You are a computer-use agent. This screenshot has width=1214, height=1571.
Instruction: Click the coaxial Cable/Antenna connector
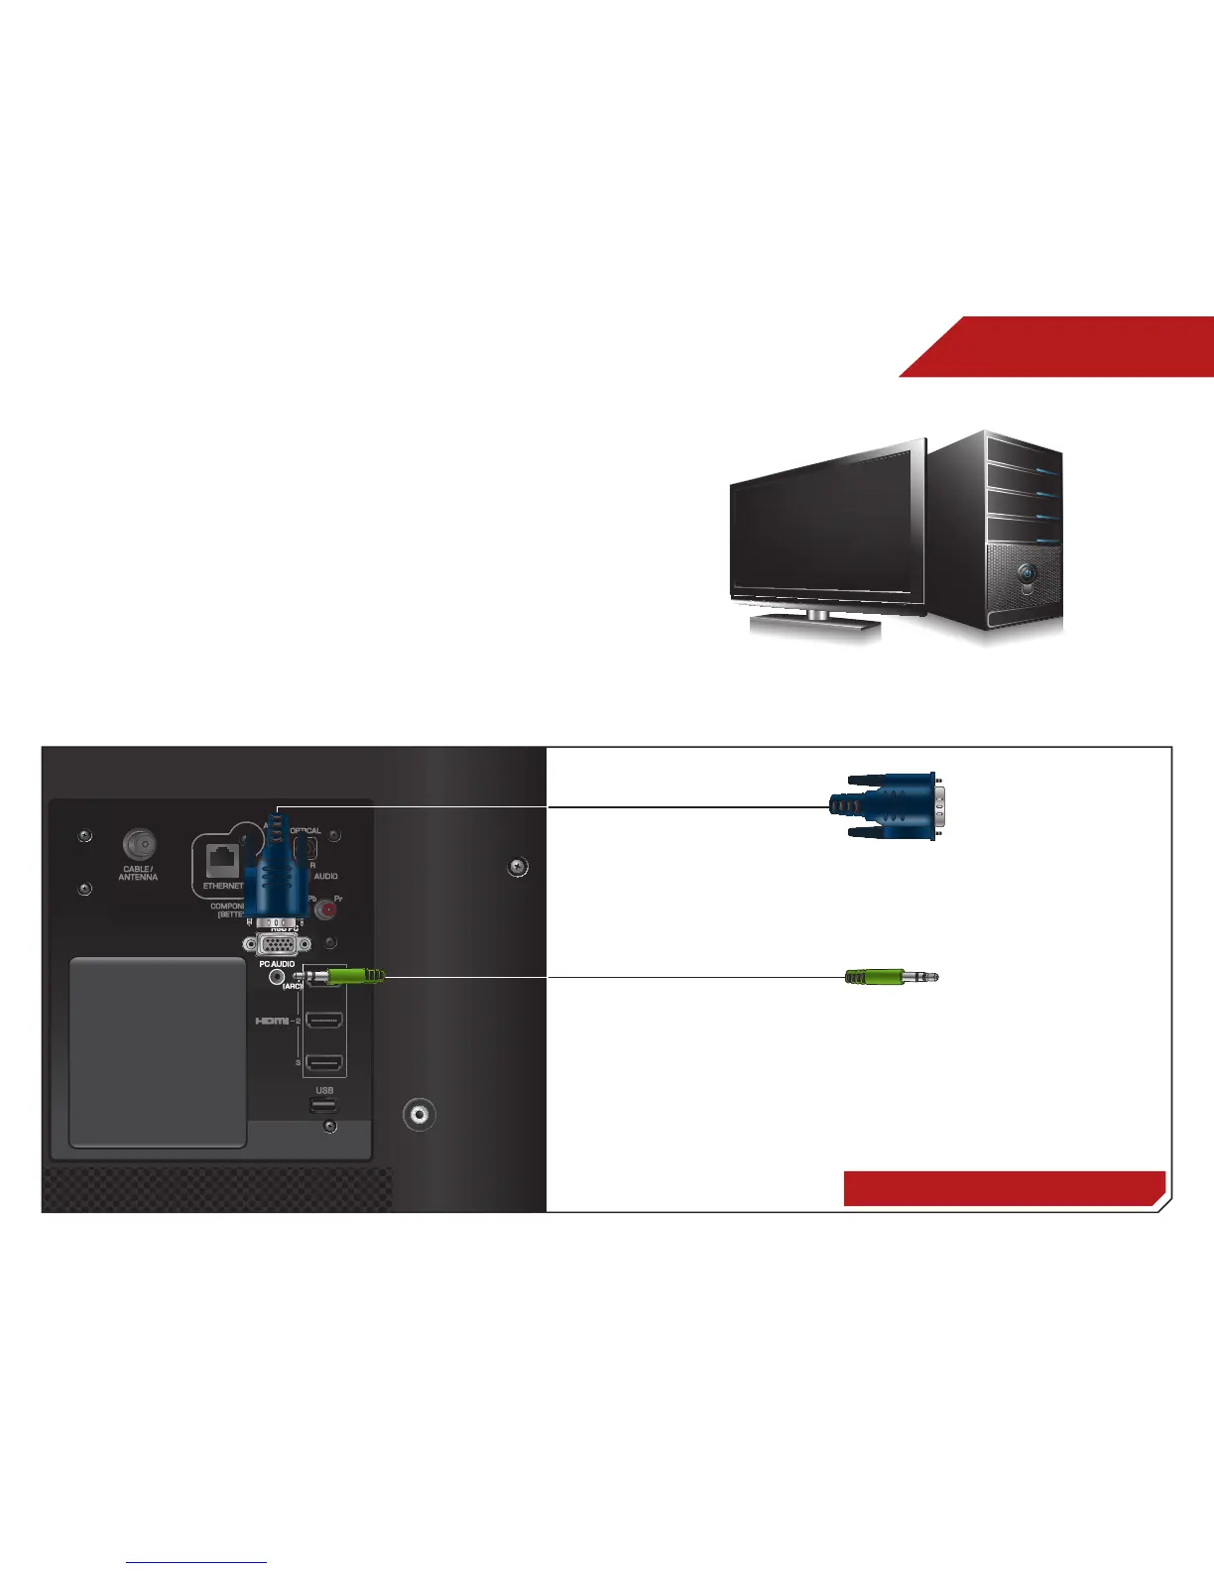(140, 845)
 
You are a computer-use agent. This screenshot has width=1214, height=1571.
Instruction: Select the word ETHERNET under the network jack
(223, 886)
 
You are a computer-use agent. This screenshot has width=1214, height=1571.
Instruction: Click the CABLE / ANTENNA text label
(138, 873)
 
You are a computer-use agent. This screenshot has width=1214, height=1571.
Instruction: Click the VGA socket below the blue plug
(283, 945)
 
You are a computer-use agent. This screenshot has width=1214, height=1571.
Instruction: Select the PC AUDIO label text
(277, 963)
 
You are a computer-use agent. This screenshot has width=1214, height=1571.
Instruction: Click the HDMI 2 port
(324, 1021)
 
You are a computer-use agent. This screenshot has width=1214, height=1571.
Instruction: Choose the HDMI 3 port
(324, 1063)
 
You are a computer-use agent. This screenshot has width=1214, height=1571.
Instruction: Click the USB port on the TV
(323, 1105)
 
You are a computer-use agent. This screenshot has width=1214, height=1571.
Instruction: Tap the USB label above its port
(324, 1090)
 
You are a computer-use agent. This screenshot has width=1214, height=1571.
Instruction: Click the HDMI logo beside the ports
(272, 1021)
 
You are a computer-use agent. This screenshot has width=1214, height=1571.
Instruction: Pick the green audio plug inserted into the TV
(354, 978)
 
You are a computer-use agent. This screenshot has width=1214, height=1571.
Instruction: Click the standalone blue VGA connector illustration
(887, 805)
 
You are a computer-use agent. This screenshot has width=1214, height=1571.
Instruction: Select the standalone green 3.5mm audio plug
(890, 977)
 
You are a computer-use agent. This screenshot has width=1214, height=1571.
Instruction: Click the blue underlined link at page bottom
(196, 1563)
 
